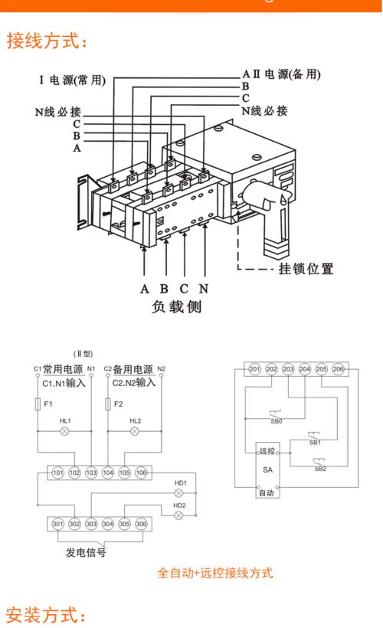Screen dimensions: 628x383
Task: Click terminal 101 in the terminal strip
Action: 58,473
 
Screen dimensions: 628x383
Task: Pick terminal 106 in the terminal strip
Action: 141,473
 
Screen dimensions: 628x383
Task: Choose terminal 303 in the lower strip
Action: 91,524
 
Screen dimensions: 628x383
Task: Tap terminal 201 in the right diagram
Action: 255,370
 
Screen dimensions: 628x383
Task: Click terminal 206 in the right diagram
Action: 338,370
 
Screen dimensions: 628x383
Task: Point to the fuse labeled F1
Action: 38,404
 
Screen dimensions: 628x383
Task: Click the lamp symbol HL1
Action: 65,432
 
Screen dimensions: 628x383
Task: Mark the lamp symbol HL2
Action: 135,432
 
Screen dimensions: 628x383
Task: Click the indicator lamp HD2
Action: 180,515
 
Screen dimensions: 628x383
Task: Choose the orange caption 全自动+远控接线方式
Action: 215,572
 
